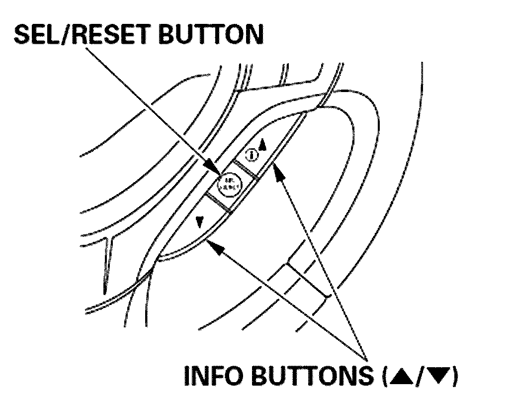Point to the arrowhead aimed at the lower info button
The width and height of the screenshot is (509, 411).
pos(212,242)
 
